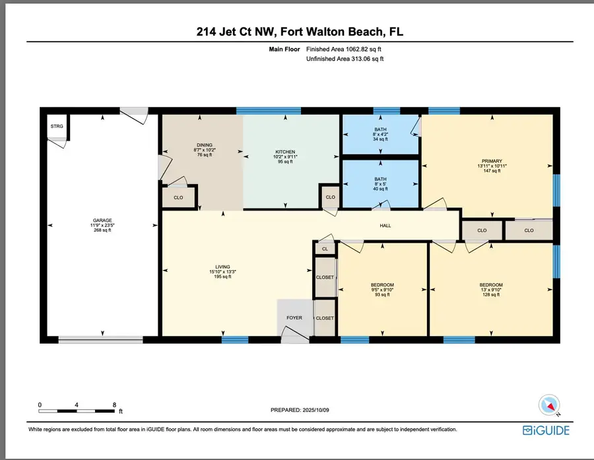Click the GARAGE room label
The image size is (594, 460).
(102, 220)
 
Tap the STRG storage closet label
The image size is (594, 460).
(57, 126)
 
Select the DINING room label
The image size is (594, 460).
(205, 145)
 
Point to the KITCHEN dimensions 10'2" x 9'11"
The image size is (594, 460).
(285, 157)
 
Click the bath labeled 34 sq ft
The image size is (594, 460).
(380, 129)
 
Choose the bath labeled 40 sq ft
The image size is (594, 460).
(380, 180)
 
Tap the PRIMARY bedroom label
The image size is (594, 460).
(492, 161)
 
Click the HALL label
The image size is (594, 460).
(385, 226)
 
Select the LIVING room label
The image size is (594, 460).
(223, 267)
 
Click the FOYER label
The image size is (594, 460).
(294, 318)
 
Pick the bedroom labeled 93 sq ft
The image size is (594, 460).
(382, 285)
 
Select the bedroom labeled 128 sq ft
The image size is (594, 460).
(491, 285)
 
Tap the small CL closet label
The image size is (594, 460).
(325, 249)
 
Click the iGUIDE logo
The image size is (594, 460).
(546, 430)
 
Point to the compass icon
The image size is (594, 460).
(549, 405)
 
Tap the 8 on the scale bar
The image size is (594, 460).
(114, 405)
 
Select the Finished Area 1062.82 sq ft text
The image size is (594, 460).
(344, 49)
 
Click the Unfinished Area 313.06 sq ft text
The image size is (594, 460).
(345, 59)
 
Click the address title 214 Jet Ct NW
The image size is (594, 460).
(234, 32)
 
